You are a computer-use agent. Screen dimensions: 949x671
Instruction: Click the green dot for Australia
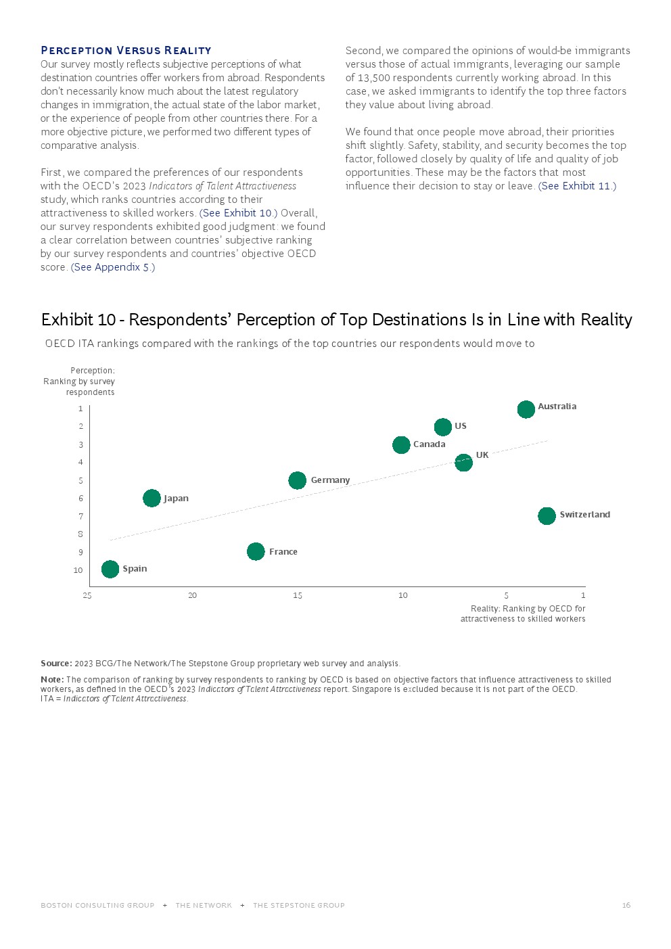526,409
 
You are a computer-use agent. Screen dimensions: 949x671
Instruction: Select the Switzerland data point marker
547,516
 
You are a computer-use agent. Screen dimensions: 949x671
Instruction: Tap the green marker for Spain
110,570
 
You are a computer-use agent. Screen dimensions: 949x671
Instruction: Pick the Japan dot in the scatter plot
152,499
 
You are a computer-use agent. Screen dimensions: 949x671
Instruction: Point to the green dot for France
256,552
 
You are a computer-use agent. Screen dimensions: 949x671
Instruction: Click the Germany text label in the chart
330,480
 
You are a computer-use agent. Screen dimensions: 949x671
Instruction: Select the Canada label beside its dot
429,444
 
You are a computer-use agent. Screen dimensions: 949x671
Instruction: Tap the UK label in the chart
482,455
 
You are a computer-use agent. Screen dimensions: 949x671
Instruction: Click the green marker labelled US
443,427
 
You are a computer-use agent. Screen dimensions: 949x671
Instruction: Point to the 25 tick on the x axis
87,595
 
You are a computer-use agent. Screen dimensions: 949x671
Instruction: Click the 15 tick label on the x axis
298,595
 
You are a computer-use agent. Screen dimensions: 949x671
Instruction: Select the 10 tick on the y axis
78,570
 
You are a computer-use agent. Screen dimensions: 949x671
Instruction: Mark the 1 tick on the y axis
80,409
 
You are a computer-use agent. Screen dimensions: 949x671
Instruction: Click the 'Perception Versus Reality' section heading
126,51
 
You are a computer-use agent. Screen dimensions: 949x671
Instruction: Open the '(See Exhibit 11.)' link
577,186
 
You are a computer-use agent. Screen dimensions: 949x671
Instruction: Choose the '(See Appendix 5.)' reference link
113,267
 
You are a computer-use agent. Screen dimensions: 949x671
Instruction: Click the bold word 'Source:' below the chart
56,664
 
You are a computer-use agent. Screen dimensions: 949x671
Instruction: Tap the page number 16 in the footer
626,905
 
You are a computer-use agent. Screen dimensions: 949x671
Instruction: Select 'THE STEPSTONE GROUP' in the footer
298,905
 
